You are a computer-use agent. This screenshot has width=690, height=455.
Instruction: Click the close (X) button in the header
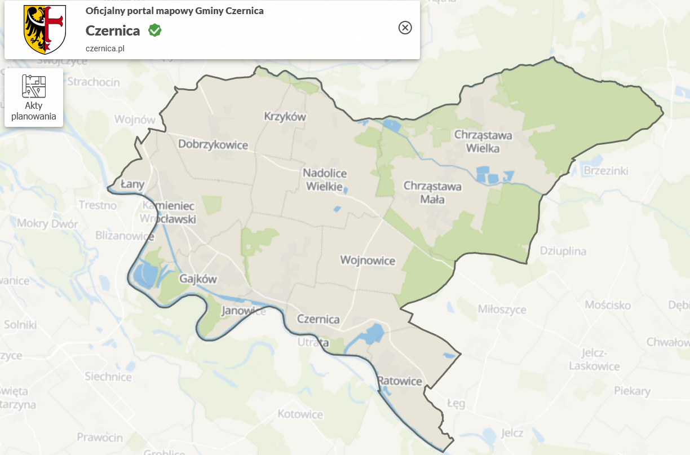pyautogui.click(x=405, y=28)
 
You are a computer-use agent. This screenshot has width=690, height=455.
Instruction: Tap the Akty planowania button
pyautogui.click(x=34, y=98)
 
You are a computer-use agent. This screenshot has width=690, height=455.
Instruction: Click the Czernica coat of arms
pyautogui.click(x=45, y=29)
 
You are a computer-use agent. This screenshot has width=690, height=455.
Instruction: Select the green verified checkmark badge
pyautogui.click(x=155, y=30)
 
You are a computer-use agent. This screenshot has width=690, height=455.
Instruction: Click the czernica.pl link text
pyautogui.click(x=105, y=48)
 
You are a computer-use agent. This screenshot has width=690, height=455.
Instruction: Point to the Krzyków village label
pyautogui.click(x=285, y=117)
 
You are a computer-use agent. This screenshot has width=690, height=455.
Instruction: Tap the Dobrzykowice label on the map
pyautogui.click(x=213, y=144)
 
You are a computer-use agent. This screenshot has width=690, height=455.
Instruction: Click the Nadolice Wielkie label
pyautogui.click(x=325, y=179)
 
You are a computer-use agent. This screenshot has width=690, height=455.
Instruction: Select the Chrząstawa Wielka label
pyautogui.click(x=483, y=142)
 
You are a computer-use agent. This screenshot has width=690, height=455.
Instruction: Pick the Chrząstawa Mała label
pyautogui.click(x=432, y=192)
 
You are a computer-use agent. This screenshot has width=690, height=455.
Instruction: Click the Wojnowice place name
pyautogui.click(x=368, y=260)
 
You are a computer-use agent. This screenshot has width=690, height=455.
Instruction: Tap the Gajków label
pyautogui.click(x=198, y=279)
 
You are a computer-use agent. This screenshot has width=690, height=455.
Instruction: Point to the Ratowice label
pyautogui.click(x=400, y=381)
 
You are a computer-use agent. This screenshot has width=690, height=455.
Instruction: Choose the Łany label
pyautogui.click(x=133, y=184)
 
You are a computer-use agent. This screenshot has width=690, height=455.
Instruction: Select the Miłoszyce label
pyautogui.click(x=502, y=309)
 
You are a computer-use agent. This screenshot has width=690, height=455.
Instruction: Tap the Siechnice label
pyautogui.click(x=108, y=376)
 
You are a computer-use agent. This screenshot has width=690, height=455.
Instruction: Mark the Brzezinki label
pyautogui.click(x=606, y=170)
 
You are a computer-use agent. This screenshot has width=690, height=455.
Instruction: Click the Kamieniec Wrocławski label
pyautogui.click(x=169, y=212)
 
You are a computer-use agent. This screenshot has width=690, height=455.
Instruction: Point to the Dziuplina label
pyautogui.click(x=563, y=251)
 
